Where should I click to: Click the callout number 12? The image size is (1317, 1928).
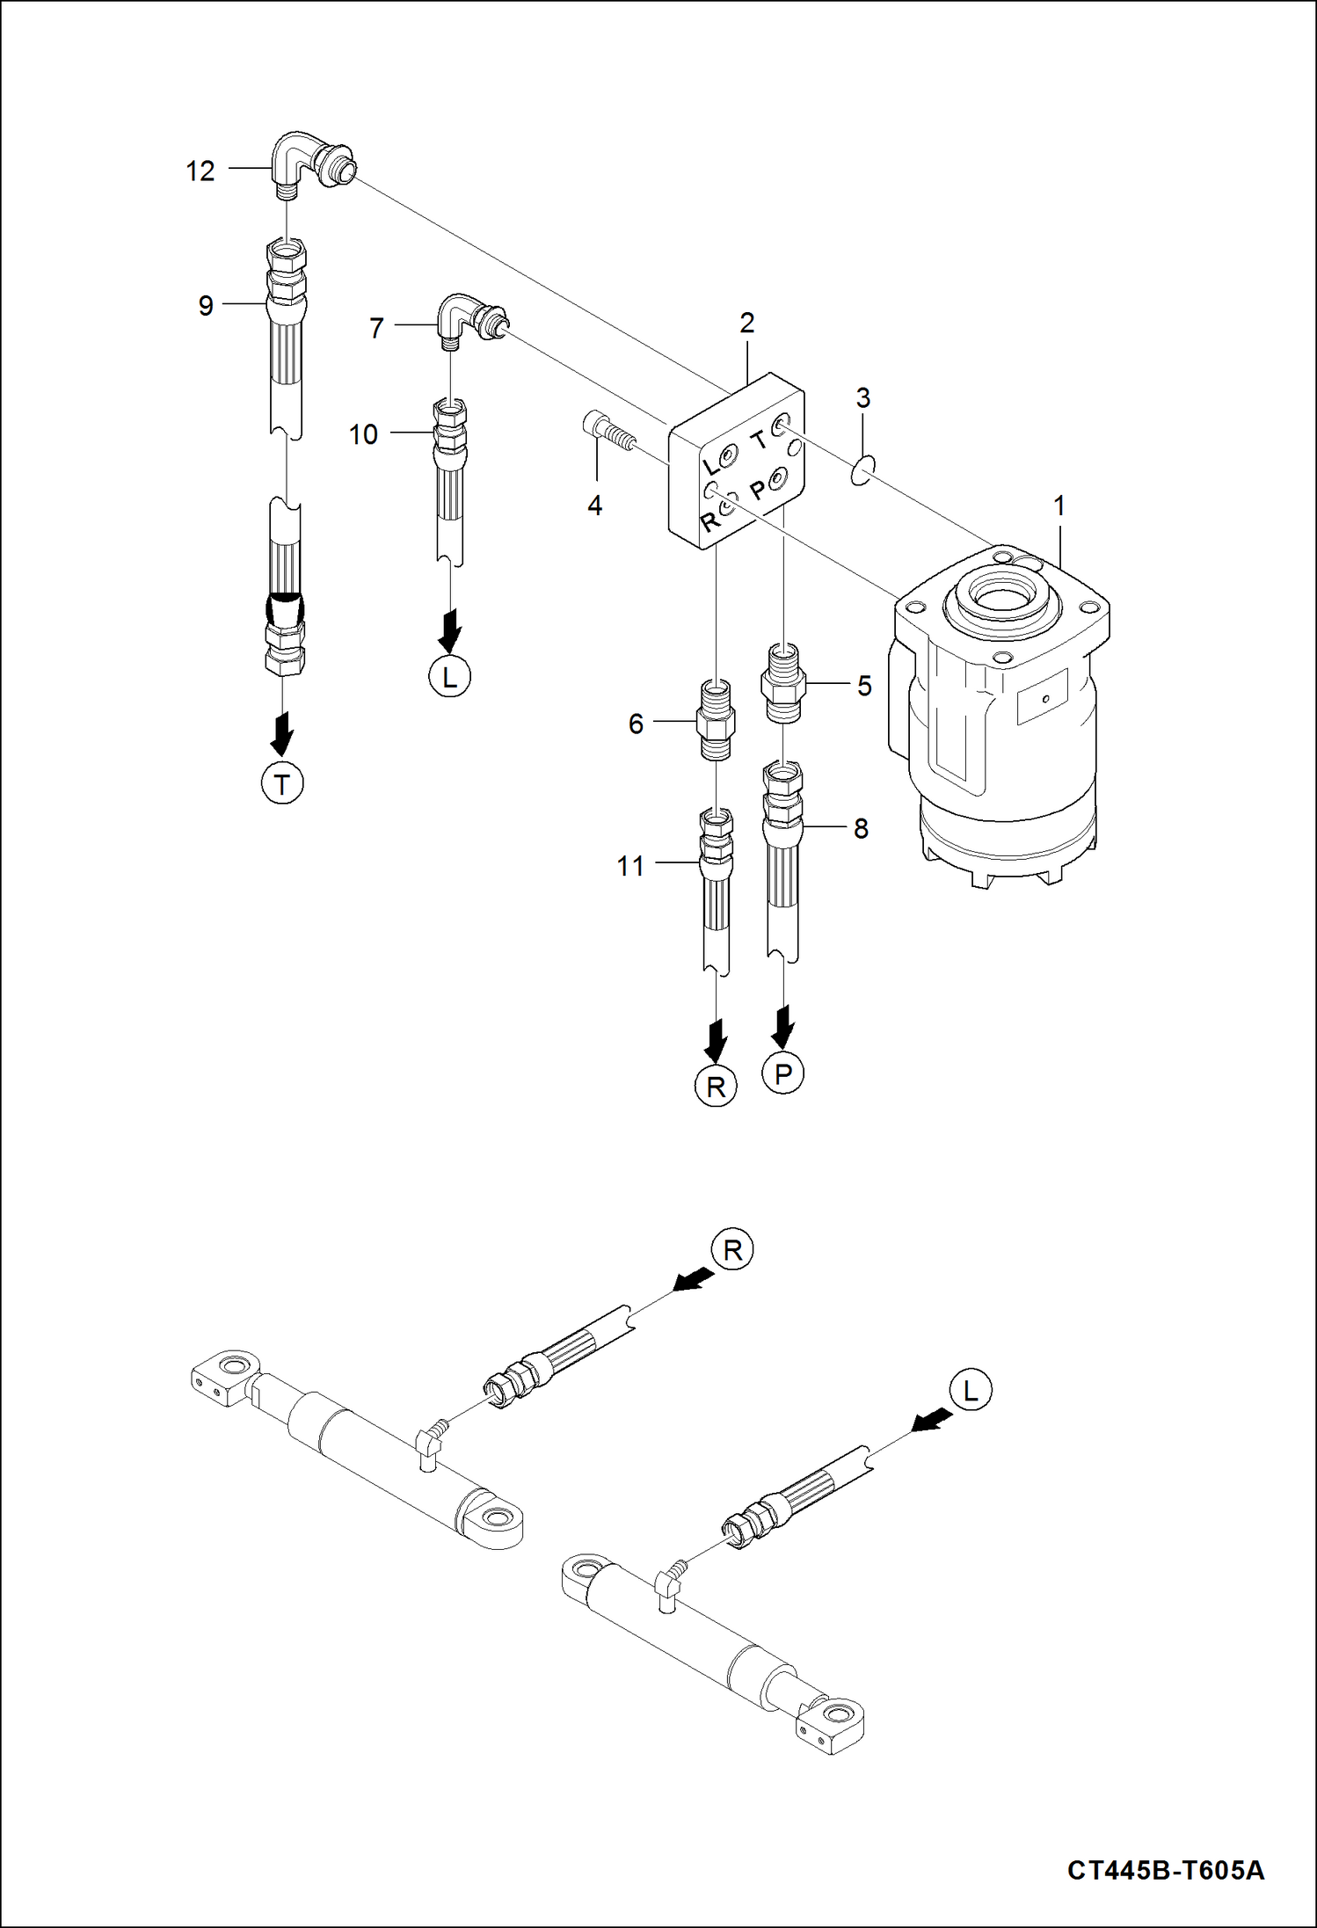[200, 171]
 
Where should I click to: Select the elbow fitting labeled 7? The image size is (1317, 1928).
[466, 321]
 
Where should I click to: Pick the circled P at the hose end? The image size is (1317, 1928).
[783, 1073]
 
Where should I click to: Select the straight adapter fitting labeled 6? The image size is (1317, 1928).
[717, 719]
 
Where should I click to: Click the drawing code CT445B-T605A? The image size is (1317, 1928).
[1166, 1869]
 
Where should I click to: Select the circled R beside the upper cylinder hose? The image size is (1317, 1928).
[732, 1249]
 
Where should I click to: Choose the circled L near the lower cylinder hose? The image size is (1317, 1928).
[971, 1390]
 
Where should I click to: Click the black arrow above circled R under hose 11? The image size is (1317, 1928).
[717, 1039]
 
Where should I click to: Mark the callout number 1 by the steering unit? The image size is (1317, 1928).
[1059, 506]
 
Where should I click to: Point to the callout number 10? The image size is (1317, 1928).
[363, 434]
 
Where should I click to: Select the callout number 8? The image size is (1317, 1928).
[861, 828]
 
